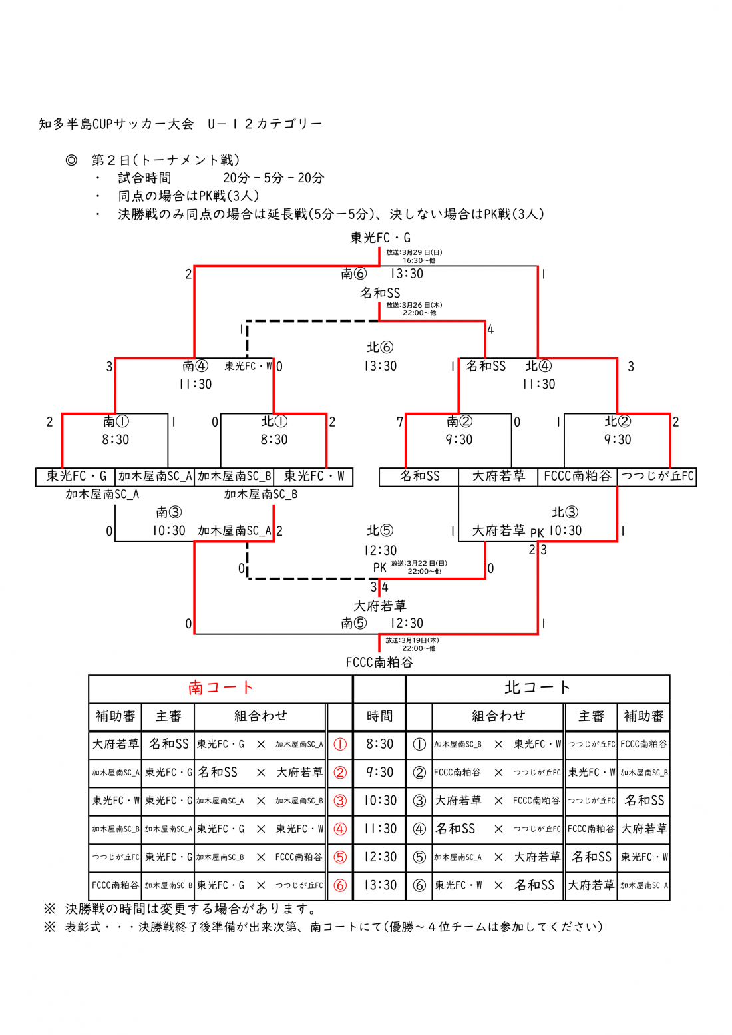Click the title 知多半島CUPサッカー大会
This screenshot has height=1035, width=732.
tap(116, 124)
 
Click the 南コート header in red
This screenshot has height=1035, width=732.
tap(220, 688)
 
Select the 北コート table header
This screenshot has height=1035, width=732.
tap(537, 688)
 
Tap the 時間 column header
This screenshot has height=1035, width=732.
tap(379, 716)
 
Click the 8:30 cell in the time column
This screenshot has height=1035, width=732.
tap(379, 744)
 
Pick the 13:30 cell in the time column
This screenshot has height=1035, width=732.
tap(379, 885)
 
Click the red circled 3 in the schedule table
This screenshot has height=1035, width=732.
tap(340, 801)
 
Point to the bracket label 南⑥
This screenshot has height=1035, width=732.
tap(354, 274)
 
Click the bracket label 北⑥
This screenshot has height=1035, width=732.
tap(380, 347)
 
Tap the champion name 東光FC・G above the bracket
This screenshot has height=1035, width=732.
tap(380, 238)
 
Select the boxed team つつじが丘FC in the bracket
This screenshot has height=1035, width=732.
tap(657, 477)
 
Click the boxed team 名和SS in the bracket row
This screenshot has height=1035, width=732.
tap(419, 477)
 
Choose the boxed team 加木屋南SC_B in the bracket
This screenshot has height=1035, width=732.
tap(234, 477)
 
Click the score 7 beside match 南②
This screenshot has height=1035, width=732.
tap(399, 422)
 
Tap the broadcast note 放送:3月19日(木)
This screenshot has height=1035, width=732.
tap(412, 640)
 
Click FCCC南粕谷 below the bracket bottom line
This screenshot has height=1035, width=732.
tap(379, 662)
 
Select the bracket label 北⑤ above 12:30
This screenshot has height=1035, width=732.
tap(380, 531)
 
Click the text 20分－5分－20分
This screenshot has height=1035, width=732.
tap(274, 178)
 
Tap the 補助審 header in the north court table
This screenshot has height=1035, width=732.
tap(643, 716)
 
